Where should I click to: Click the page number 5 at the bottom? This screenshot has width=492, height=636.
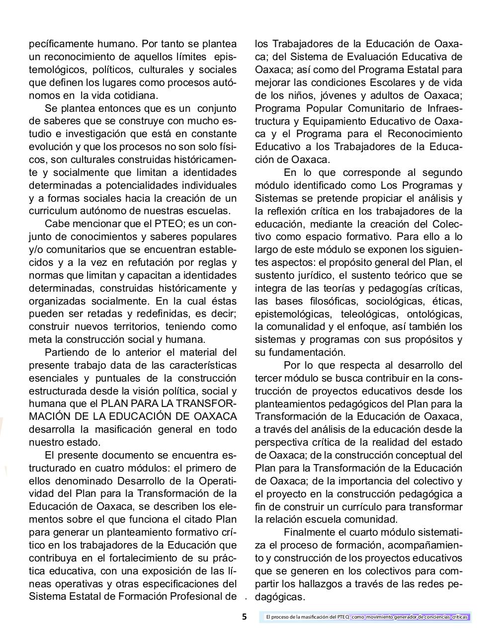pyautogui.click(x=244, y=617)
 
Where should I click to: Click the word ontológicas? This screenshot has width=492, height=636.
pyautogui.click(x=434, y=314)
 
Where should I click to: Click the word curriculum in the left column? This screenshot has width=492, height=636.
pyautogui.click(x=52, y=211)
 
